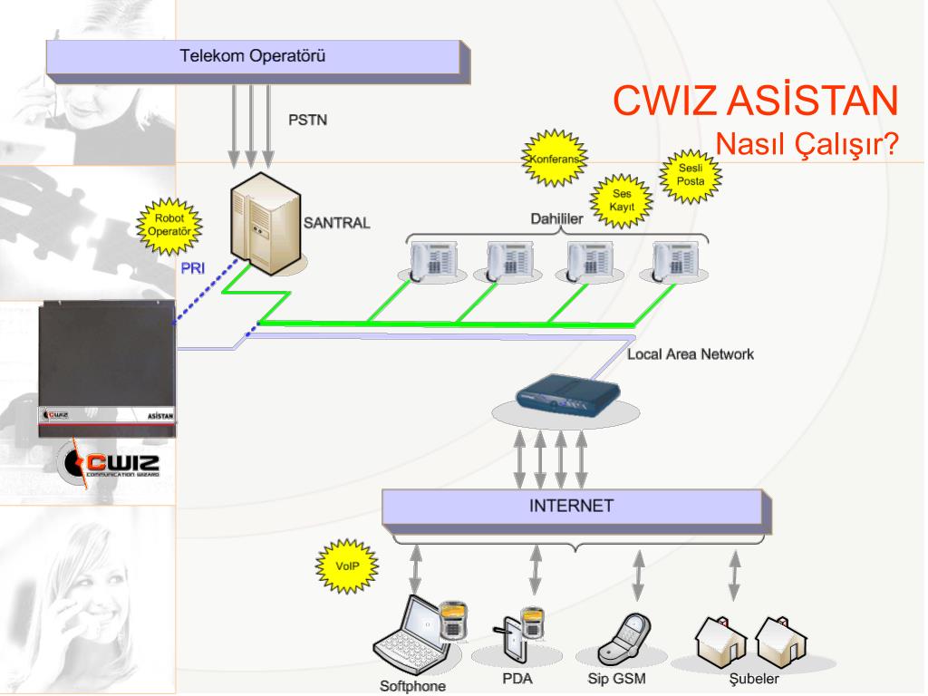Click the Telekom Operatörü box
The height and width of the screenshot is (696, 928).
258,62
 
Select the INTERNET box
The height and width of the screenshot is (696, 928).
577,510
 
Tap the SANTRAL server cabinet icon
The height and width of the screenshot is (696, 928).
266,223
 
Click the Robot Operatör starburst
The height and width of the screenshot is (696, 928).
169,226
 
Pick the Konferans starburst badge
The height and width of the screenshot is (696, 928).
555,158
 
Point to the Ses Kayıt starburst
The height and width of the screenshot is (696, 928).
622,200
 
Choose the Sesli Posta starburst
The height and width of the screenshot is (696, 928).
691,176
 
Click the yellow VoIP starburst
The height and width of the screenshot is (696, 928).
347,565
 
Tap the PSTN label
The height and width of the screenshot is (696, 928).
308,121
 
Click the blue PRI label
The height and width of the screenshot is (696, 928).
193,268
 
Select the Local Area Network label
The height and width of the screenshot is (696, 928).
691,354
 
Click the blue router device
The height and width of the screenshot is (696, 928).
568,392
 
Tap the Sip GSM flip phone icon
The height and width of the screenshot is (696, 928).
624,639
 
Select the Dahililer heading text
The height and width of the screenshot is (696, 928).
556,219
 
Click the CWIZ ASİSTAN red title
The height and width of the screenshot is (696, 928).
756,100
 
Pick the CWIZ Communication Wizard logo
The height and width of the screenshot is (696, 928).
111,464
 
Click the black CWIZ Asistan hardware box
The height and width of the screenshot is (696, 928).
107,369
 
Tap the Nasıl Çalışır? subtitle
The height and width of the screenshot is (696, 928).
807,143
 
